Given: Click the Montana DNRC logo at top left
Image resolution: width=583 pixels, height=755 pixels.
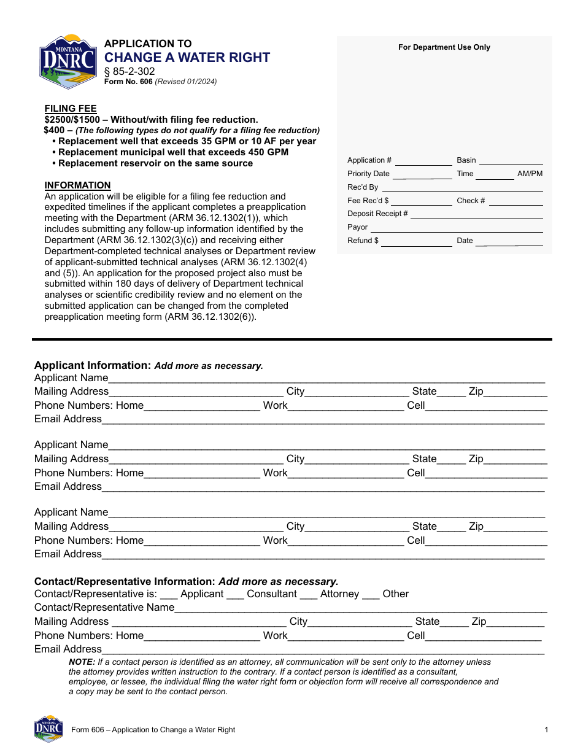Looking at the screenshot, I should pyautogui.click(x=68, y=61).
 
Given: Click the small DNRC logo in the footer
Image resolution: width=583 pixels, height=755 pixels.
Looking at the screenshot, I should pyautogui.click(x=48, y=729).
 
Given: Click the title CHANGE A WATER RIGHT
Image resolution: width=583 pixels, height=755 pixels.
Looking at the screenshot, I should pyautogui.click(x=187, y=58).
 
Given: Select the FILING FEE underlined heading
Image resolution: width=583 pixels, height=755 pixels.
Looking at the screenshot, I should pyautogui.click(x=71, y=109).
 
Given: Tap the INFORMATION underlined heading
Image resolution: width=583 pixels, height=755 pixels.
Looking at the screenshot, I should pyautogui.click(x=77, y=185).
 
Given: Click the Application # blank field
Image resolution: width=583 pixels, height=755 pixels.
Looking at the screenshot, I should pyautogui.click(x=423, y=161).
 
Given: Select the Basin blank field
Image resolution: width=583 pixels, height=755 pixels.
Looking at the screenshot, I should pyautogui.click(x=511, y=161).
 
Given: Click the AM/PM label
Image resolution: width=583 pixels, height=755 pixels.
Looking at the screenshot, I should pyautogui.click(x=530, y=174).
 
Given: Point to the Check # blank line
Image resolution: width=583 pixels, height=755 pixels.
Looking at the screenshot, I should pyautogui.click(x=515, y=202).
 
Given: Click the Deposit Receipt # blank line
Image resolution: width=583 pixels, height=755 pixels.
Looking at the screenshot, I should pyautogui.click(x=476, y=215).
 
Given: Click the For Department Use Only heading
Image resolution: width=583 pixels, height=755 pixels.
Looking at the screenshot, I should pyautogui.click(x=444, y=47).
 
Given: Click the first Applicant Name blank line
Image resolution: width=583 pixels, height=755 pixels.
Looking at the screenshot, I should pyautogui.click(x=326, y=379).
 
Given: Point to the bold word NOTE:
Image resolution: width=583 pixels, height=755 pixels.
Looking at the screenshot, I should pyautogui.click(x=82, y=662).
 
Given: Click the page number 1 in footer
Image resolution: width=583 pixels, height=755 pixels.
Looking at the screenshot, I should pyautogui.click(x=546, y=730).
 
